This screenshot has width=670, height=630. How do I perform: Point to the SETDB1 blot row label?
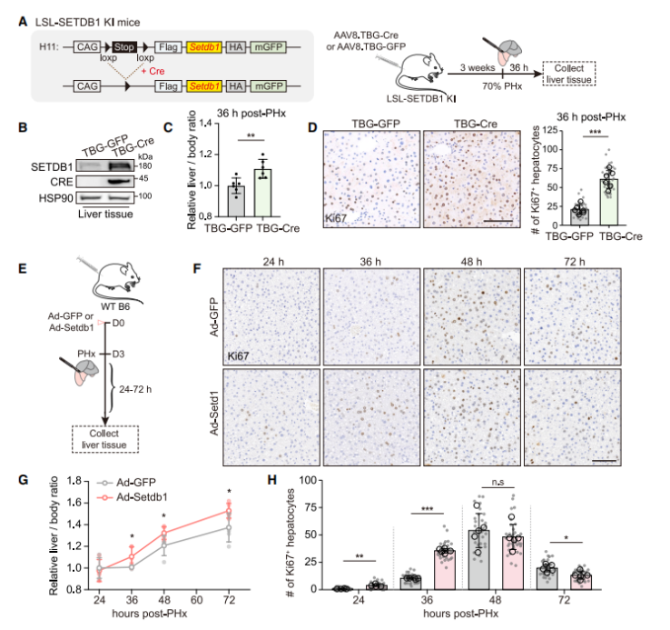[x=54, y=167]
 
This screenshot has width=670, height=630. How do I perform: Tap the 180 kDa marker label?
[x=144, y=167]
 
